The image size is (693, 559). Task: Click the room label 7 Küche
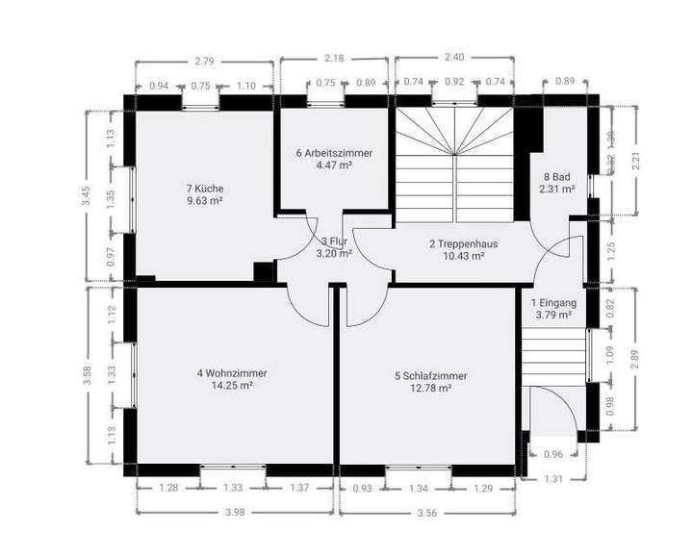point(205,189)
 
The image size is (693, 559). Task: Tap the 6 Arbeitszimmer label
point(334,153)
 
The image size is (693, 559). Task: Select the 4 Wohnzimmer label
point(232,373)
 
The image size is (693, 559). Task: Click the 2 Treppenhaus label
point(457,243)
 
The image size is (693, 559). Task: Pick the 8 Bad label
point(558,177)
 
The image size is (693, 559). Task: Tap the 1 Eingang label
point(553,302)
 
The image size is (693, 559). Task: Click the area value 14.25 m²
point(232,386)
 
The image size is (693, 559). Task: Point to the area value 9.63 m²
point(205,201)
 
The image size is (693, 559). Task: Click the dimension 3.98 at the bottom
point(235,511)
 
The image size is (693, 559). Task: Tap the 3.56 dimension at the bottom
point(427,511)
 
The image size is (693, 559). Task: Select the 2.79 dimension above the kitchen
point(204,62)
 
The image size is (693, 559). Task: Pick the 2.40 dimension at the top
point(452,58)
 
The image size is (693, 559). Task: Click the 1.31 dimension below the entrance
point(552,479)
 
